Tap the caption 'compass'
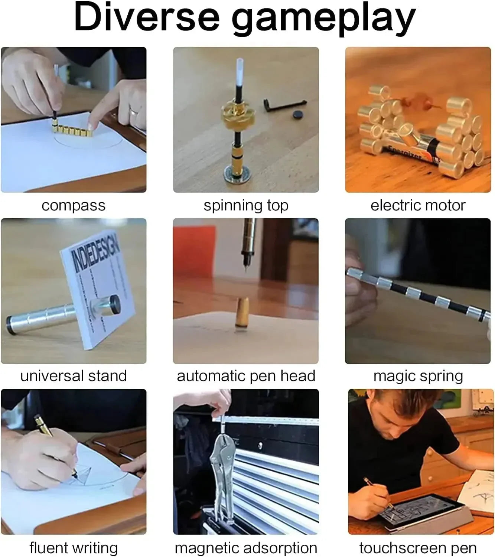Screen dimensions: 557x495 (x=74, y=205)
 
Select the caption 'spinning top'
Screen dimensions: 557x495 (x=246, y=205)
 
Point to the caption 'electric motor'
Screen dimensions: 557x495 (x=418, y=205)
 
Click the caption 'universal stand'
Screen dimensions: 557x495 (x=74, y=376)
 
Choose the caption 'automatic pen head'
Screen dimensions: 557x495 (x=246, y=376)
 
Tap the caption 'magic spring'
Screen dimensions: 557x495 (x=418, y=376)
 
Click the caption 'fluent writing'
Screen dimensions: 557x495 (x=74, y=548)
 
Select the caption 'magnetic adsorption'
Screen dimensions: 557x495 (x=246, y=548)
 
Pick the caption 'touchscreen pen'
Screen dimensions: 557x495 (x=418, y=548)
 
